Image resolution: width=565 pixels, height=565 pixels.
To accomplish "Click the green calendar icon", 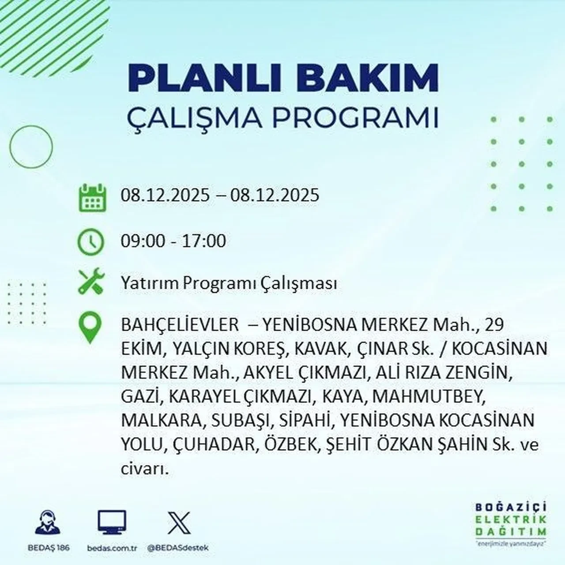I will tap(92, 197).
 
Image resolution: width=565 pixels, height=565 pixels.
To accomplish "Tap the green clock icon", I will tap(91, 242).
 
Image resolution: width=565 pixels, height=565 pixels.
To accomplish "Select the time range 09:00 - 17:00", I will tap(173, 241).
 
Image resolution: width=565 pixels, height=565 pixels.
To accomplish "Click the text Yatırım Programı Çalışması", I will tap(229, 283).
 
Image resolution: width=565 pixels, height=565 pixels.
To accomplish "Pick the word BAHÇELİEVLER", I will tap(179, 325).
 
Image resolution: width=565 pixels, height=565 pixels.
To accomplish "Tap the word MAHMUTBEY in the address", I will tap(428, 397).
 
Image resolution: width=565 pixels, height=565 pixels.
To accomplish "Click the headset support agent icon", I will tap(48, 523).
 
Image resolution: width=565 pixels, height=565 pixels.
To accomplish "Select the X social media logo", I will tap(179, 523).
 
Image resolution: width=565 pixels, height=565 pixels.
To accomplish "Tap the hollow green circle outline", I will tap(30, 147).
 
